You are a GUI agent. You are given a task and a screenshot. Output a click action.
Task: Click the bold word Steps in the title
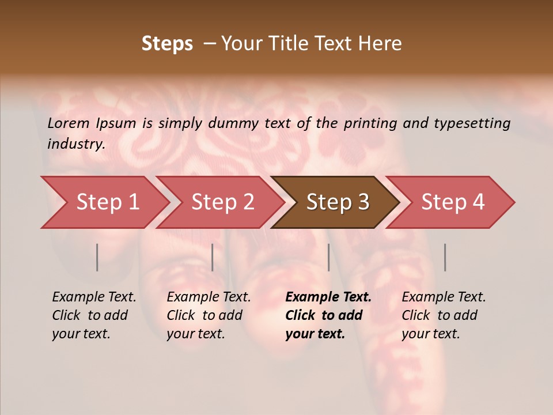tap(167, 44)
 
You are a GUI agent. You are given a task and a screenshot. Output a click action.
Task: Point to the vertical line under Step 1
tap(97, 257)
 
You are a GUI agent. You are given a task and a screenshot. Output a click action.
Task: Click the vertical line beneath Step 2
tap(213, 257)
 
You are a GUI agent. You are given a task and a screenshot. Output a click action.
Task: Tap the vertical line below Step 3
tap(328, 257)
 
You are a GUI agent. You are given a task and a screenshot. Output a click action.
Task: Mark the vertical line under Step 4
tap(445, 257)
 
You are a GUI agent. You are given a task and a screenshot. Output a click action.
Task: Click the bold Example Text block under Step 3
tap(328, 315)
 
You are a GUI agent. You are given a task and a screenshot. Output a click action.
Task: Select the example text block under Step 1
tap(94, 315)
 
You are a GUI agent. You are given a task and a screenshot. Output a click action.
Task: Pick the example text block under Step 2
tap(209, 315)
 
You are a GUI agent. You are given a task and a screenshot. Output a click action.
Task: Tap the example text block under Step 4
tap(444, 315)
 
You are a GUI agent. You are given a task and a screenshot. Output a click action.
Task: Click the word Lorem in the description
tap(69, 123)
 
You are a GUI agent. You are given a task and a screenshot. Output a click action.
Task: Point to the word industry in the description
tap(75, 144)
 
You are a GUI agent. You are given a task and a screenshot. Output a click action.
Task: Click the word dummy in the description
tap(234, 123)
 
